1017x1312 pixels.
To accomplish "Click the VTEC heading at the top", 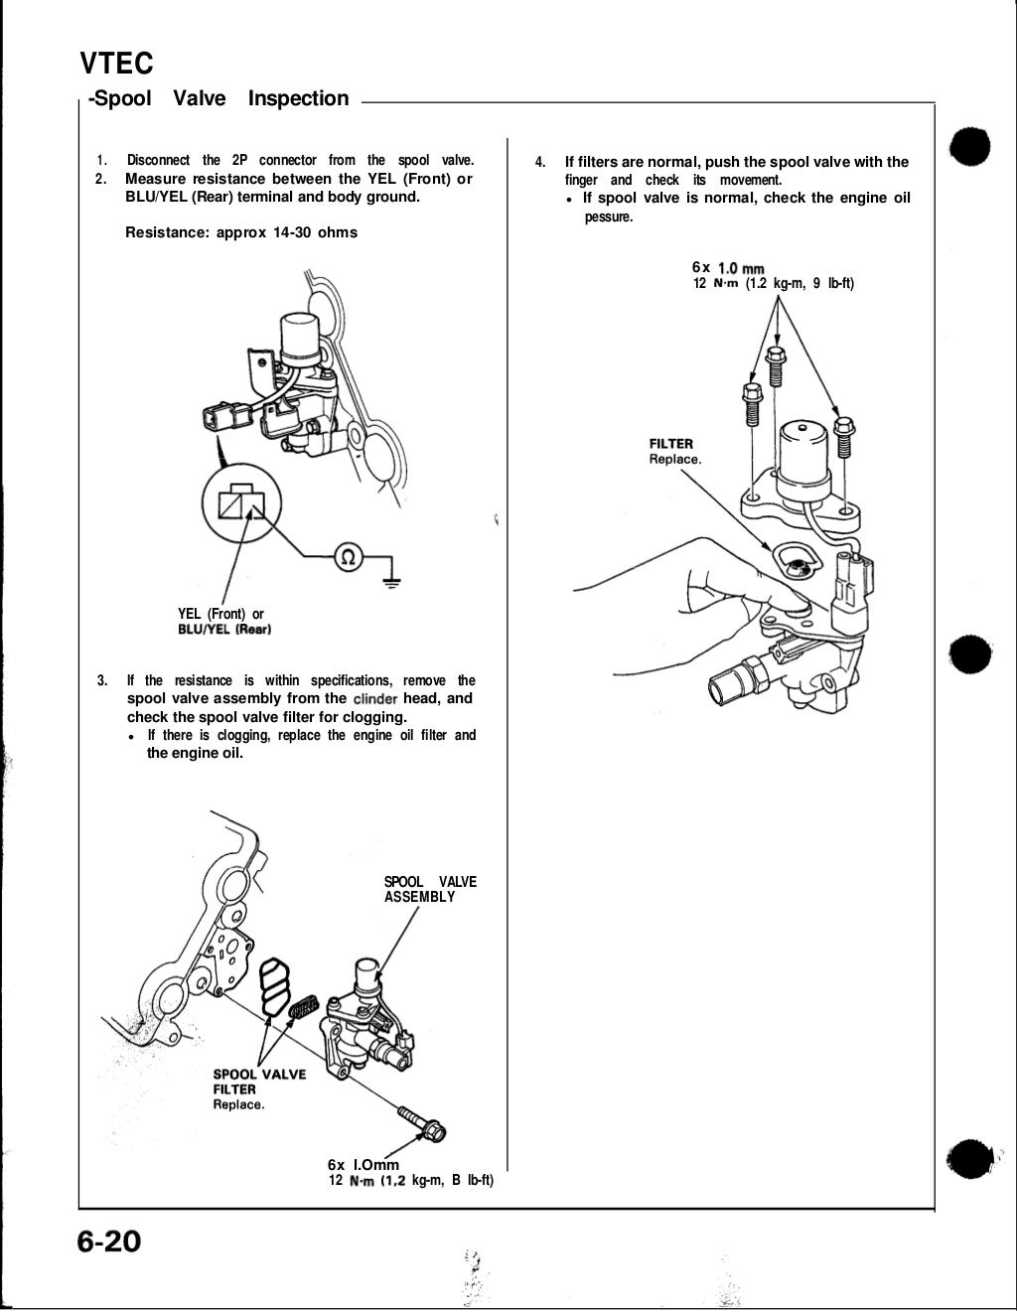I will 116,64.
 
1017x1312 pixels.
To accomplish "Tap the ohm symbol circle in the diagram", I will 349,556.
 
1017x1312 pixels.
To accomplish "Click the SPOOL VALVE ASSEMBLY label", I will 430,889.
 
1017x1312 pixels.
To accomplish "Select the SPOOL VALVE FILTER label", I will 259,1082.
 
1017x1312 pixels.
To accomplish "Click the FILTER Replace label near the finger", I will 674,451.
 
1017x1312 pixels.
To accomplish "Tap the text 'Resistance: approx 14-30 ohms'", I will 241,232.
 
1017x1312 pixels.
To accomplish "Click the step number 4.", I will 539,162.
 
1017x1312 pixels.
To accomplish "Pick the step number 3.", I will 103,680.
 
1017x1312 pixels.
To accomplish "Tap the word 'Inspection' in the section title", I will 298,98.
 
